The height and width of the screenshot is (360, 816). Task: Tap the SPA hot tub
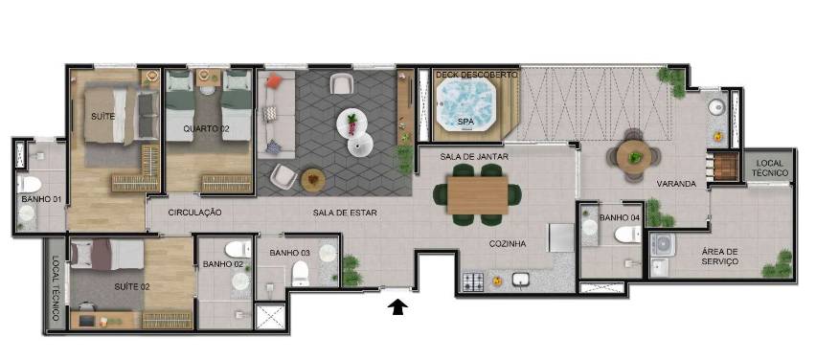point(465,104)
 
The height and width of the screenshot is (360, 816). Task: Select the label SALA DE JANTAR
point(474,156)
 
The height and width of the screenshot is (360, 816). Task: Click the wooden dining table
point(477,195)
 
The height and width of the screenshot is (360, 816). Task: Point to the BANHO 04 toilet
point(627,235)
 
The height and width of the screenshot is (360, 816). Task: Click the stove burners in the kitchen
point(473,281)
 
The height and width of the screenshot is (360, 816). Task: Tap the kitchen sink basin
point(521,280)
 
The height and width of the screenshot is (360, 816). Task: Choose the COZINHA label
point(508,243)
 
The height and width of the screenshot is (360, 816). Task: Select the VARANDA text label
point(676,184)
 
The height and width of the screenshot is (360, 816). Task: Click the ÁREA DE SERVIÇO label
point(719,257)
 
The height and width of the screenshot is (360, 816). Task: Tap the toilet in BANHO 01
point(29,184)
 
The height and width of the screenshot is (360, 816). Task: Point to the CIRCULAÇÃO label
point(195,213)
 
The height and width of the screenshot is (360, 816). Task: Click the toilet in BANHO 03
point(301,273)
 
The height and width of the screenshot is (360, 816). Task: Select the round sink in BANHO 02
point(240,281)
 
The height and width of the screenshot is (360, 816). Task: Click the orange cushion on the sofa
point(273,80)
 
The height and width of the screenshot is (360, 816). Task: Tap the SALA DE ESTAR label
point(345,213)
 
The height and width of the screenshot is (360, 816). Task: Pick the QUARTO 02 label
point(206,129)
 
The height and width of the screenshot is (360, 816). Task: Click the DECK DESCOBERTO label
point(477,75)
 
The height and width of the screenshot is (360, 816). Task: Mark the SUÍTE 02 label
point(131,286)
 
